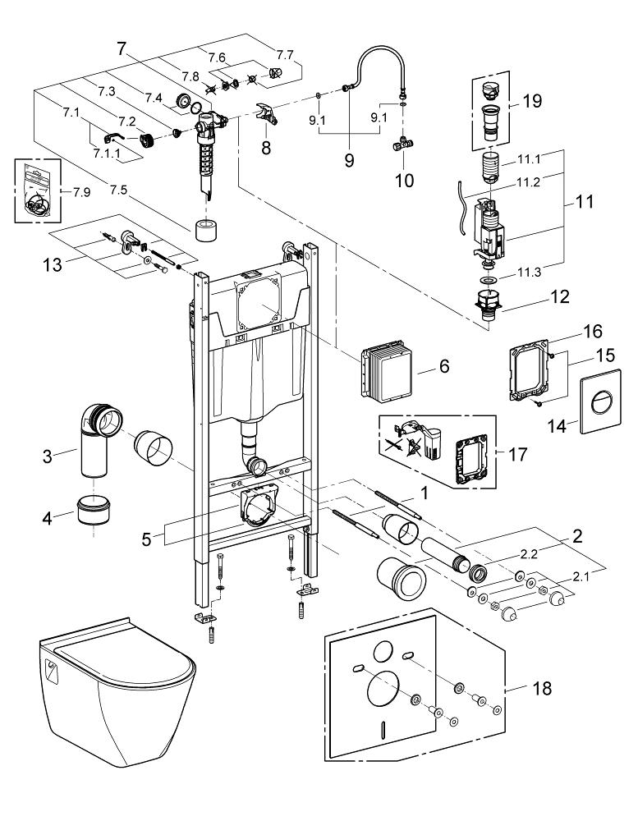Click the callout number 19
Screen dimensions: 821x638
pyautogui.click(x=531, y=103)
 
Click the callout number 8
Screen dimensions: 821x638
pyautogui.click(x=266, y=149)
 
